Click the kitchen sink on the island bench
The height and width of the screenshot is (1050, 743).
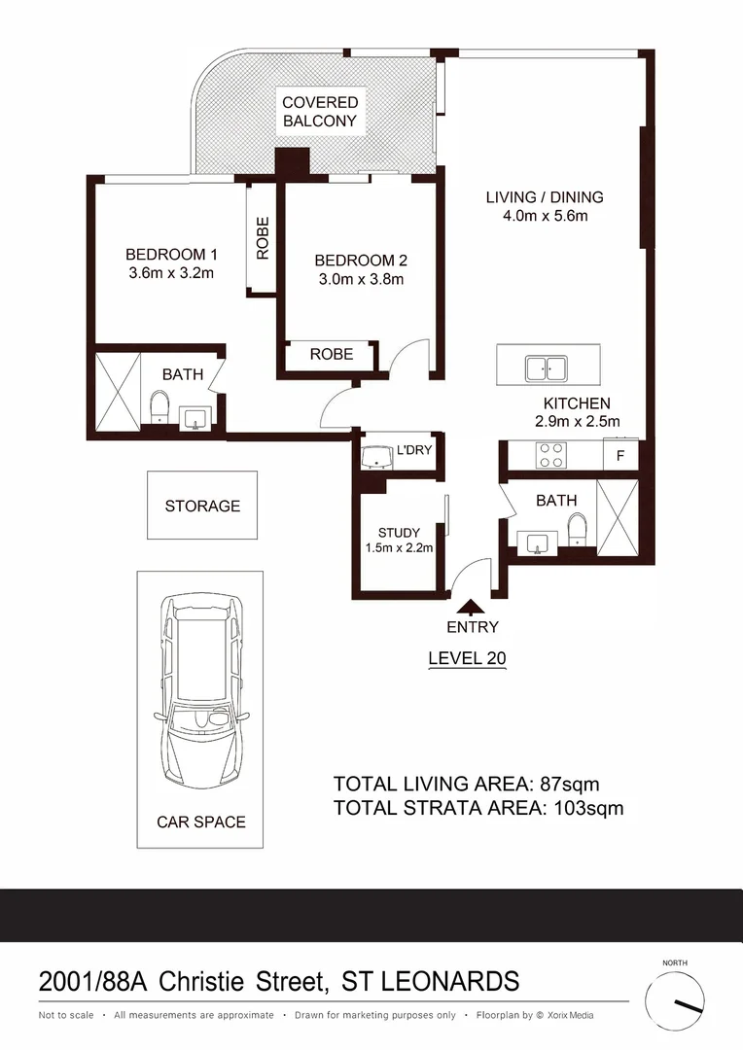[x=546, y=368]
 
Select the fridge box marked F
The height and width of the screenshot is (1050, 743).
[x=620, y=454]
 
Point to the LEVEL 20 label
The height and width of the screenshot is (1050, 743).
[x=467, y=658]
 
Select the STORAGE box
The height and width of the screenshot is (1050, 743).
[x=202, y=506]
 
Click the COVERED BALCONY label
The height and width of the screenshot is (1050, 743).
[x=320, y=112]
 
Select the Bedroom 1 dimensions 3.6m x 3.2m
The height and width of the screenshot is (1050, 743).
[x=171, y=273]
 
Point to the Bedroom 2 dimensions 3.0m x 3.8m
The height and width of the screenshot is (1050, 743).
[x=361, y=279]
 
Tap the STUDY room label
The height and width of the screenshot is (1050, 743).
[x=399, y=533]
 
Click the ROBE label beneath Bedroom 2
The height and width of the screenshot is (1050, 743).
[x=332, y=355]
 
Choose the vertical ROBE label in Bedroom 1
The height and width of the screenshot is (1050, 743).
[x=263, y=238]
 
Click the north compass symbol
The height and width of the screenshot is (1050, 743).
[x=675, y=1001]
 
